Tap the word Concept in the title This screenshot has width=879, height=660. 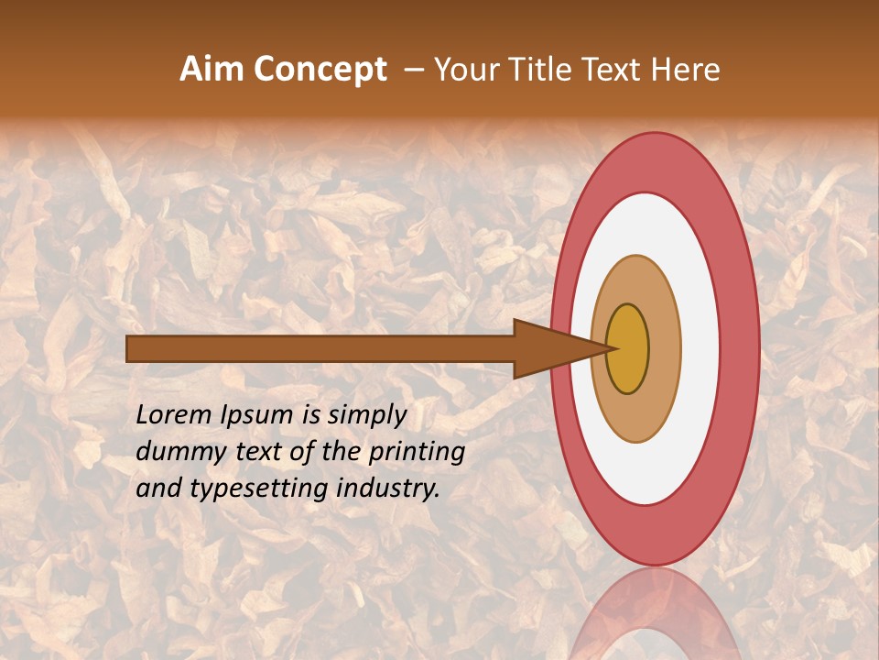click(x=320, y=70)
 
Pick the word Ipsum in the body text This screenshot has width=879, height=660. click(x=259, y=414)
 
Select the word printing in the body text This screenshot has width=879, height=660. click(x=416, y=451)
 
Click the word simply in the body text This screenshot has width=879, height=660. click(x=367, y=414)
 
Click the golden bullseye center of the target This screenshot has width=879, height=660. click(x=628, y=348)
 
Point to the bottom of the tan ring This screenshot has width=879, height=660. click(x=636, y=431)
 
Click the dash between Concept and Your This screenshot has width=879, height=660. click(x=413, y=70)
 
